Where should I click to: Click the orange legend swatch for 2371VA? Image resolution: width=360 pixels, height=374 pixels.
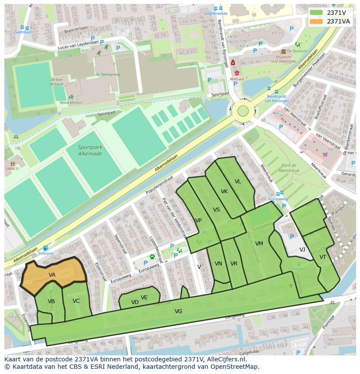[317, 21]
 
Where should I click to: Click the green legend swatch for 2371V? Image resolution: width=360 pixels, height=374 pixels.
[317, 13]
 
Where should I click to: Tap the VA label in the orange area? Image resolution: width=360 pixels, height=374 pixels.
[52, 275]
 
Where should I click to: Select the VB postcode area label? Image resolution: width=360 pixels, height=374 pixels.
[51, 301]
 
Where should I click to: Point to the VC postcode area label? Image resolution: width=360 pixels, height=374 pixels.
[76, 301]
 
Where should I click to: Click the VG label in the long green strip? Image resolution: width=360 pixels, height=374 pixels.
[178, 311]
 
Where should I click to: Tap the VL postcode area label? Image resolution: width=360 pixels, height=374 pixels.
[238, 182]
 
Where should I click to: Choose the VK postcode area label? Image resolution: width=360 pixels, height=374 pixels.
[224, 192]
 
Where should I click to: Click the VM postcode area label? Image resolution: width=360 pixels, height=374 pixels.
[259, 244]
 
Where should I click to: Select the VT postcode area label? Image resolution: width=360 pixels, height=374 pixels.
[323, 257]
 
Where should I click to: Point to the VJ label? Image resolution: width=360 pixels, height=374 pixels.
[302, 250]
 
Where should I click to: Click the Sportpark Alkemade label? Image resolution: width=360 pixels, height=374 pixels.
[90, 150]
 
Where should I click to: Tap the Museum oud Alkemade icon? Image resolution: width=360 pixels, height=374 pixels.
[283, 52]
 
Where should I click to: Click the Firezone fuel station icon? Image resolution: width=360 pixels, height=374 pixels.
[46, 248]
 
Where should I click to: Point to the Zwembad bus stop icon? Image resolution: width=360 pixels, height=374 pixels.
[22, 26]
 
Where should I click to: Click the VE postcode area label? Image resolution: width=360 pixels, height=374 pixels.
[144, 298]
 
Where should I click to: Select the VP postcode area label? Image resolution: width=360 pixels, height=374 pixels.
[198, 221]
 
